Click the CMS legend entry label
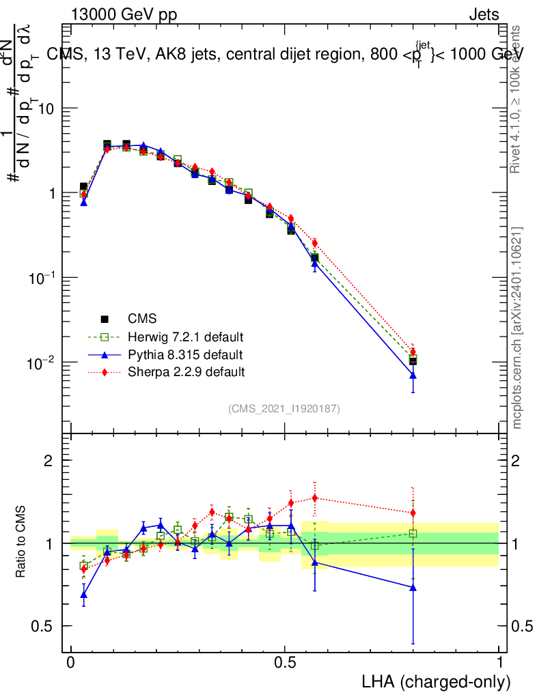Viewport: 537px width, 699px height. coord(142,319)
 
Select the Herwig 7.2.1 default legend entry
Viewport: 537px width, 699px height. coord(186,337)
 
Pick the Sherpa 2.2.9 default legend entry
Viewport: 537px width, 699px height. coord(186,372)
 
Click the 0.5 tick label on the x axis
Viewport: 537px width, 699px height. coord(285,663)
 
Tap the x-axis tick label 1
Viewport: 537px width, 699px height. coord(499,663)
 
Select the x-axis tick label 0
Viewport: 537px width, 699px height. coord(71,663)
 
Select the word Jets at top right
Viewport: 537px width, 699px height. coord(483,15)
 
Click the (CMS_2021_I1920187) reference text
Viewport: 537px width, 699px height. coord(284,408)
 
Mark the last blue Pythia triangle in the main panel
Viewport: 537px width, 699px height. coord(413,375)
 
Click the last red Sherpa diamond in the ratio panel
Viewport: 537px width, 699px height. coord(413,513)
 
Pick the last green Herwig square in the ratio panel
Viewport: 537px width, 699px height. coord(413,534)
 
